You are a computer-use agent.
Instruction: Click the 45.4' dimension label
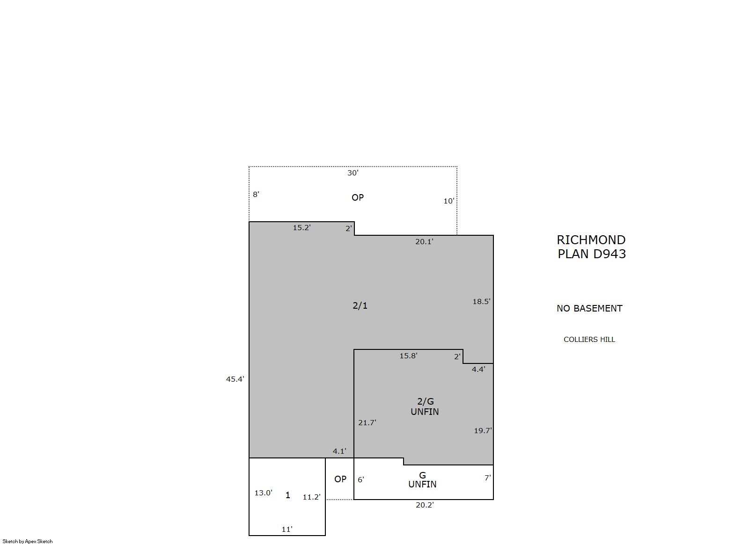tap(235, 379)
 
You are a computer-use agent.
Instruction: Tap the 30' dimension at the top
tap(353, 173)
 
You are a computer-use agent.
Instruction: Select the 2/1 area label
tap(360, 305)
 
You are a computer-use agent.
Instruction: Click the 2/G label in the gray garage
tap(426, 401)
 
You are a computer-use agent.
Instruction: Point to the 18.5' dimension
tap(481, 301)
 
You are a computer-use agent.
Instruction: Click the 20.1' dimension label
tap(424, 241)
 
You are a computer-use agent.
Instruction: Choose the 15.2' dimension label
tap(302, 227)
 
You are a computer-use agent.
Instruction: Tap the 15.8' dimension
tap(408, 355)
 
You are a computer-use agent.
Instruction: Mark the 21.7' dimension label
tap(367, 422)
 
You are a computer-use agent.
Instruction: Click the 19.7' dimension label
tap(483, 430)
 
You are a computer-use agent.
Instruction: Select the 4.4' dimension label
tap(478, 369)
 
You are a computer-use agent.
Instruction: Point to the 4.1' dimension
tap(339, 451)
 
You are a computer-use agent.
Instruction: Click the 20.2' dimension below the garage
tap(425, 505)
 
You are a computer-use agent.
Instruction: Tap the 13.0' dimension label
tap(264, 493)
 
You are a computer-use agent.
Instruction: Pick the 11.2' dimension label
tap(312, 497)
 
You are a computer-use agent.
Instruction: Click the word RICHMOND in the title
tap(591, 239)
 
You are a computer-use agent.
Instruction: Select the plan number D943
tap(610, 254)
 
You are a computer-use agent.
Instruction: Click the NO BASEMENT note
tap(590, 308)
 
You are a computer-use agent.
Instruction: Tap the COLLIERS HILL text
tap(589, 340)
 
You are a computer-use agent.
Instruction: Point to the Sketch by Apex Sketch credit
tap(28, 541)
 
